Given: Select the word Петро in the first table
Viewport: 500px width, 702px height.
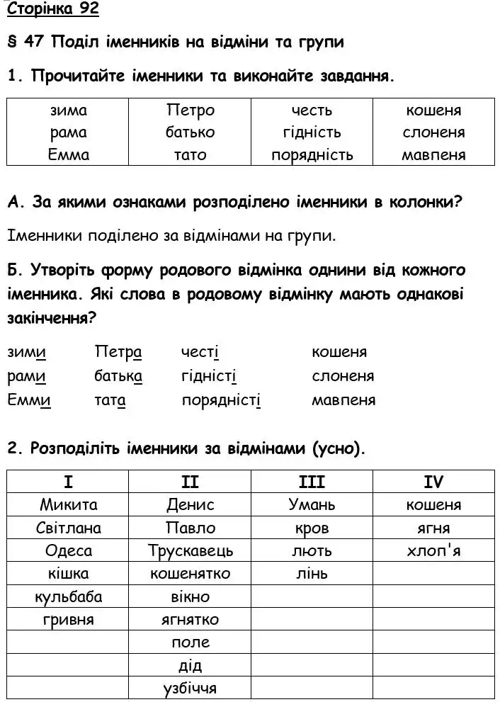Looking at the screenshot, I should pyautogui.click(x=190, y=111).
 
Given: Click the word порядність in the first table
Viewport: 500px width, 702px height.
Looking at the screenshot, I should pyautogui.click(x=312, y=155).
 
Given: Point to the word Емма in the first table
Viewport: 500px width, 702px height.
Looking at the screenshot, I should pyautogui.click(x=69, y=155).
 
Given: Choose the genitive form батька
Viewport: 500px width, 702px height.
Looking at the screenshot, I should pyautogui.click(x=118, y=376).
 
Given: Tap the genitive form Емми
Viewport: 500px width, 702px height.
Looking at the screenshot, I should pyautogui.click(x=29, y=400).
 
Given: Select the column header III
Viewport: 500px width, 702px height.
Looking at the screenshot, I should pyautogui.click(x=312, y=482).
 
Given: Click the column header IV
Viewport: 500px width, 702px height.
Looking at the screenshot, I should pyautogui.click(x=433, y=482).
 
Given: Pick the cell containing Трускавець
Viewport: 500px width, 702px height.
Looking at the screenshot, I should pyautogui.click(x=191, y=550).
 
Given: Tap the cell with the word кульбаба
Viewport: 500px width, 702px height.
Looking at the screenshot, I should pyautogui.click(x=69, y=596).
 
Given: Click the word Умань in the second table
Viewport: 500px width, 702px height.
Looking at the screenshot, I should pyautogui.click(x=312, y=505).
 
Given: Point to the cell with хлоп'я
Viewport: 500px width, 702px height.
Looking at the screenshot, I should pyautogui.click(x=434, y=550).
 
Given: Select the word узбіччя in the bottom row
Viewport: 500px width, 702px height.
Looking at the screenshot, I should pyautogui.click(x=190, y=688).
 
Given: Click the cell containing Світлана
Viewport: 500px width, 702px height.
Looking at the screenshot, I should pyautogui.click(x=69, y=528).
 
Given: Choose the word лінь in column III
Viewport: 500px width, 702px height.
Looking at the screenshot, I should pyautogui.click(x=312, y=574).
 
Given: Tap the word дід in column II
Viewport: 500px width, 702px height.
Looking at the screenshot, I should pyautogui.click(x=191, y=665).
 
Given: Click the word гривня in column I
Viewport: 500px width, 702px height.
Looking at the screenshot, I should pyautogui.click(x=69, y=620).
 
